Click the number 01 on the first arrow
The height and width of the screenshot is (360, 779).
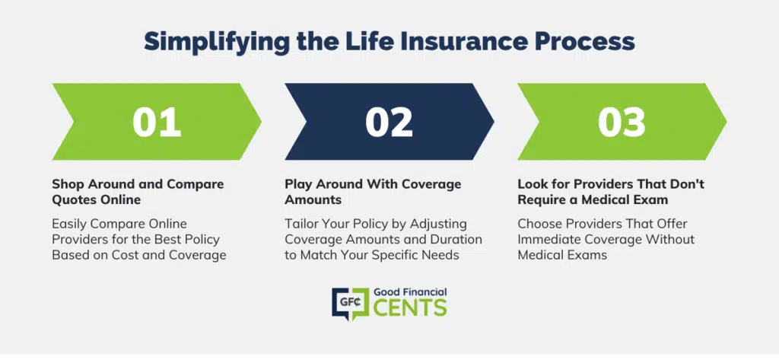pyautogui.click(x=157, y=122)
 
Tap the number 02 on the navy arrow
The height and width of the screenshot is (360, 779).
pyautogui.click(x=389, y=122)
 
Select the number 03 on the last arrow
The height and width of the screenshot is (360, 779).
pyautogui.click(x=622, y=122)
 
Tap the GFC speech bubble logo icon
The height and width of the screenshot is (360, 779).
pyautogui.click(x=350, y=303)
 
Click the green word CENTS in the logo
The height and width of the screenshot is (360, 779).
pyautogui.click(x=410, y=307)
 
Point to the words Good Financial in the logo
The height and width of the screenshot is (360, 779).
pyautogui.click(x=410, y=292)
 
